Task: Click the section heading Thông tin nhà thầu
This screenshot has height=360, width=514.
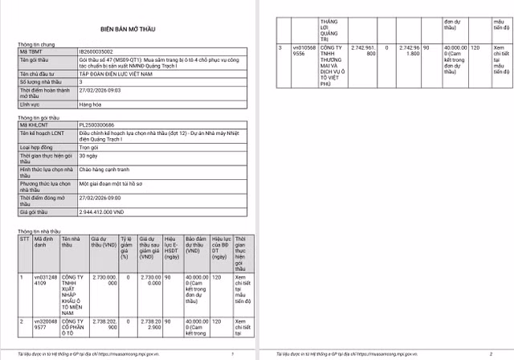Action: point(38,231)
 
